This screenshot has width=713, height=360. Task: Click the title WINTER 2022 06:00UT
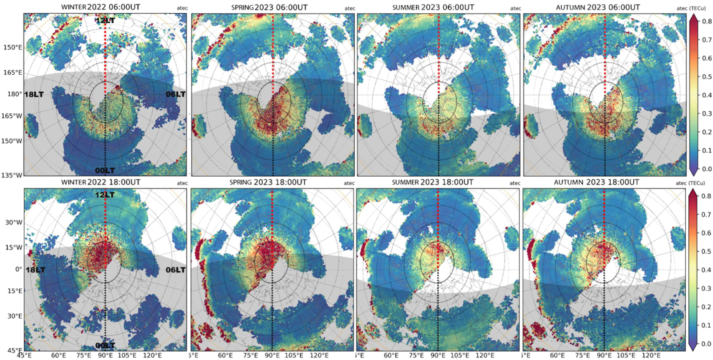101,7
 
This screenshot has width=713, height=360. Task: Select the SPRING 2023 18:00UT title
268,182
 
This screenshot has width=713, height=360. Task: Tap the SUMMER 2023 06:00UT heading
433,7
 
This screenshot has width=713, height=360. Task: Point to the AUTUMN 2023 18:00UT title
596,182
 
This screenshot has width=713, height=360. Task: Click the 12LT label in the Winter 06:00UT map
105,21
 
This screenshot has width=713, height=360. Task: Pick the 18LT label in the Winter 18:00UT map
35,270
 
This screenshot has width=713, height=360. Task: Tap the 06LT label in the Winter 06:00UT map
176,94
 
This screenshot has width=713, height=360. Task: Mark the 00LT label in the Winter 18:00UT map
105,345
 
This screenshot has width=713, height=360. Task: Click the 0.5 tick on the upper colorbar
707,76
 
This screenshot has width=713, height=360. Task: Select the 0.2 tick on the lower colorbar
706,307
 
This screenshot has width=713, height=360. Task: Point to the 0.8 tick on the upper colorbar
707,21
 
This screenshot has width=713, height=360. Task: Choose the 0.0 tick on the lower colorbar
706,344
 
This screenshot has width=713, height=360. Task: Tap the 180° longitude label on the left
15,94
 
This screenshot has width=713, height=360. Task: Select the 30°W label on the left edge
14,222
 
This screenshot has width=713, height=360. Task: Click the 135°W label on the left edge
12,175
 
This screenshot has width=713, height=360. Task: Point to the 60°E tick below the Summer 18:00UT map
391,355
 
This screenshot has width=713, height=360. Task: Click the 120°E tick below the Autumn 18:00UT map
651,355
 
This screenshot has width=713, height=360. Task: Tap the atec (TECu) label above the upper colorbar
691,8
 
